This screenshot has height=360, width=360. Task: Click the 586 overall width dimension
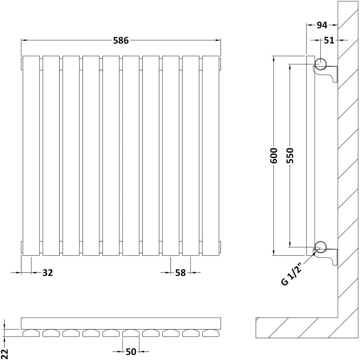pos(121,41)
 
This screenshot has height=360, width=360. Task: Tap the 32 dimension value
pos(48,273)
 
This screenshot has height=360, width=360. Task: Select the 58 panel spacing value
pos(180,273)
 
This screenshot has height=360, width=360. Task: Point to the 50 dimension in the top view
pos(131,351)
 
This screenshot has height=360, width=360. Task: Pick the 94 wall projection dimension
pos(322,25)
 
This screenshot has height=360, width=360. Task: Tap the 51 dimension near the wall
pos(329,40)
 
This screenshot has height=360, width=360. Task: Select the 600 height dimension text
pos(274,156)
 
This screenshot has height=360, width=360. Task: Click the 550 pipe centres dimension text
pos(290,156)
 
